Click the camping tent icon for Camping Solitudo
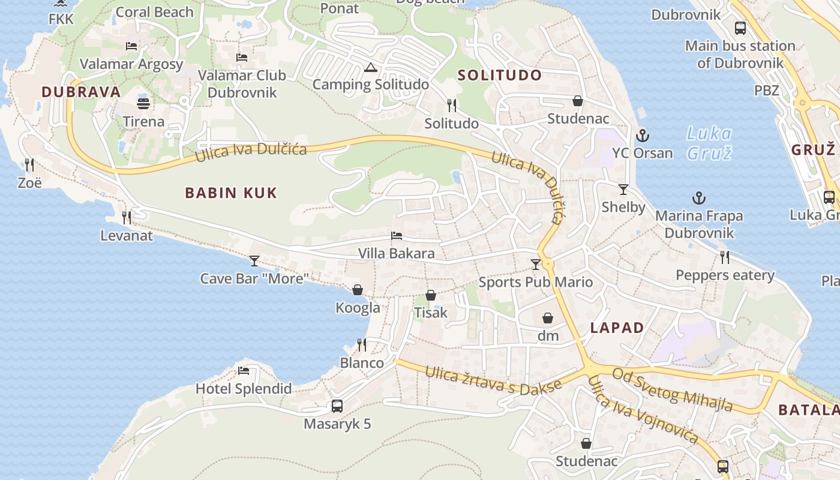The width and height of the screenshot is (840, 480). pos(370,67)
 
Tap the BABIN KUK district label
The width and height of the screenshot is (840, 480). pos(231,193)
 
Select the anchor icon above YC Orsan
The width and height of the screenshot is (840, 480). pos(643,135)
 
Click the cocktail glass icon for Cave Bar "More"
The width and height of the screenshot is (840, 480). pos(254,260)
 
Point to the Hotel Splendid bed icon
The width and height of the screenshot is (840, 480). pos(244,371)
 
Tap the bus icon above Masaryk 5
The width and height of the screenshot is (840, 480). pos(337,406)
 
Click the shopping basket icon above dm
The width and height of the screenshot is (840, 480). pos(548,318)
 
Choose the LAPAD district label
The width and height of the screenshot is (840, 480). pos(617,328)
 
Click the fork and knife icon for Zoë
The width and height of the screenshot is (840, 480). pos(29,164)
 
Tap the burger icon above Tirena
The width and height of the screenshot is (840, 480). pos(143,103)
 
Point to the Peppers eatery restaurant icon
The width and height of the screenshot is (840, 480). pos(725,257)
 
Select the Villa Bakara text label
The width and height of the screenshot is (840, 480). pos(396,253)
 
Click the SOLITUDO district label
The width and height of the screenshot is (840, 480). pos(500,75)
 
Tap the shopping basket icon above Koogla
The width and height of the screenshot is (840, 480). pos(358,290)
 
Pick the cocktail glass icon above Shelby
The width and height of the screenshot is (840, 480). pos(623,190)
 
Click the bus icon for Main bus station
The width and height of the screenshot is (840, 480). pos(740,28)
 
